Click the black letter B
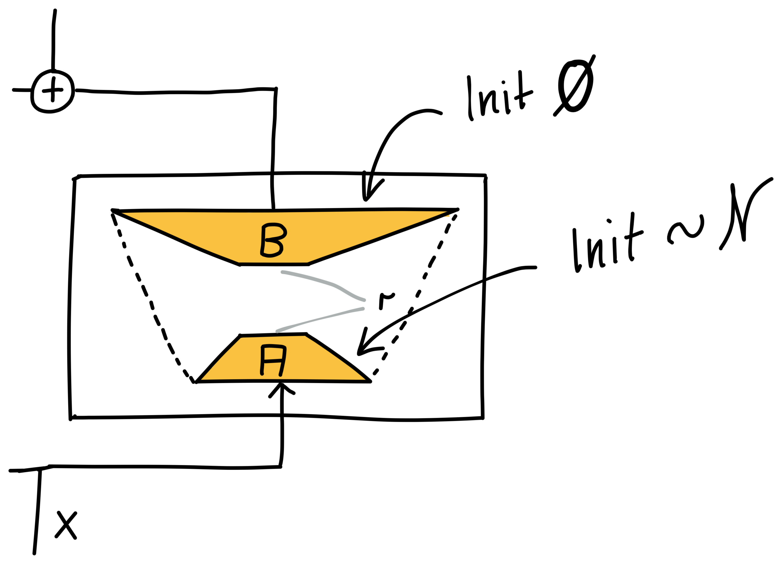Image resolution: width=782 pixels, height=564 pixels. (271, 241)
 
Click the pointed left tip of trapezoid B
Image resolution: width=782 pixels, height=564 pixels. (123, 214)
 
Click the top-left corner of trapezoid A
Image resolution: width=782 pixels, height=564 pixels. (243, 338)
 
